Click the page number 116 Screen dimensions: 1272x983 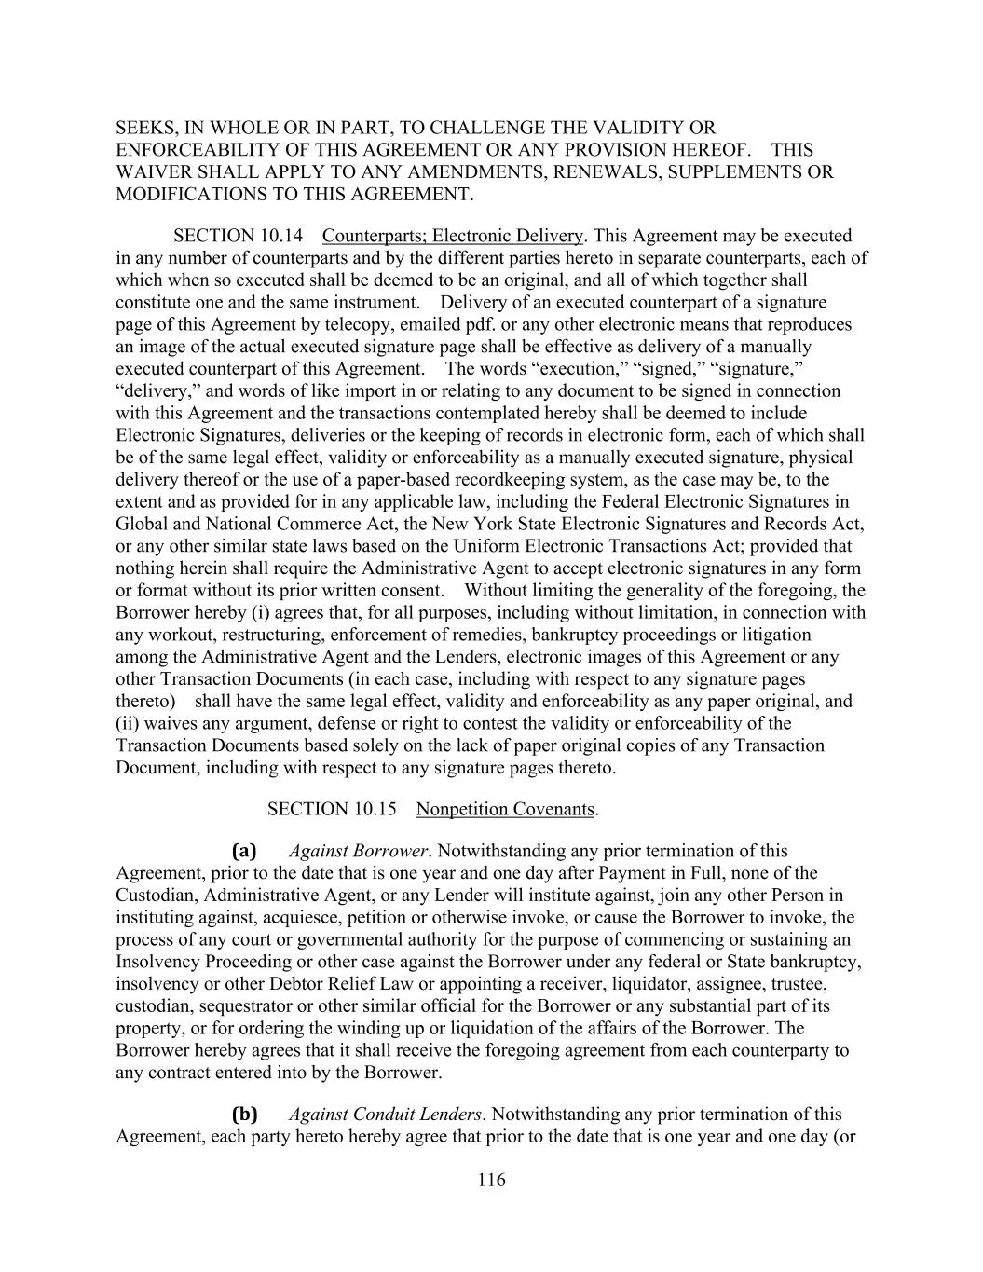(x=491, y=1181)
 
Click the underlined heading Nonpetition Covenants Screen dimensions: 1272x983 (x=504, y=809)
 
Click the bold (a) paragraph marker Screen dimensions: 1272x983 (x=244, y=851)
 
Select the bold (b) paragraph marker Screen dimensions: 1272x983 (x=244, y=1114)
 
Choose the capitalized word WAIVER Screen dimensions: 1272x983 (x=149, y=171)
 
